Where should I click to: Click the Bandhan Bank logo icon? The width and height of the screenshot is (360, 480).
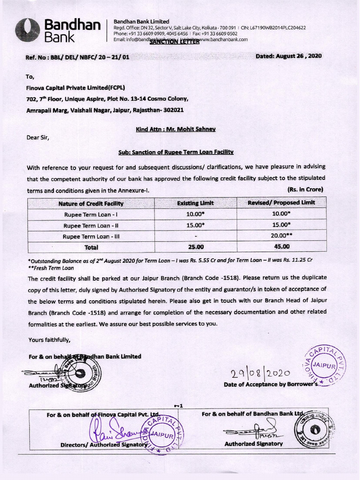27,30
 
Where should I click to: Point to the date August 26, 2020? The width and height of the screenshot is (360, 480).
289,56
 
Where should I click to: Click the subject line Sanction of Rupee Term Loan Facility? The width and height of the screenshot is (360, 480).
176,152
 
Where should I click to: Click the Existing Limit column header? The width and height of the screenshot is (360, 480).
195,203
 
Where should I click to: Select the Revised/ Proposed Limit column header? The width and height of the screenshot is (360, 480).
281,202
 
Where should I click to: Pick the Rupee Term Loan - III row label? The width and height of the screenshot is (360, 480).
91,236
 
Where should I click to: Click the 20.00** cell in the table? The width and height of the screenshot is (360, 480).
282,236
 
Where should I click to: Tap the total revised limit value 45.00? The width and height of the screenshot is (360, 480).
282,246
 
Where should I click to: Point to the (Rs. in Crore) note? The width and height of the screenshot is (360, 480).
305,189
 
